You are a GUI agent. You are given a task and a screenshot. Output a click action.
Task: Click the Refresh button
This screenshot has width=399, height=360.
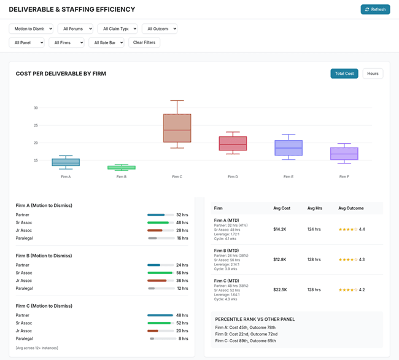pos(375,9)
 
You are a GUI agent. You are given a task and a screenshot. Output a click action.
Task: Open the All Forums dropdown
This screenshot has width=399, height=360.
pos(75,28)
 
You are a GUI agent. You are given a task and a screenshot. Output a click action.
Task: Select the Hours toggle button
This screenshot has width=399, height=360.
pos(373,74)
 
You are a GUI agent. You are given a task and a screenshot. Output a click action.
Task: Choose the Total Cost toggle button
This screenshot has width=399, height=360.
pos(344,74)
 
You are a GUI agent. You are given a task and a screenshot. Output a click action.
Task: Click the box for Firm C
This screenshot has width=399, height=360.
pos(177,128)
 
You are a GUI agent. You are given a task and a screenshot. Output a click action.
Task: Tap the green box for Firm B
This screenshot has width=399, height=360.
pos(122,167)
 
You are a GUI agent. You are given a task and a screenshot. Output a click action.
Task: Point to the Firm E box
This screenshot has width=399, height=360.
pos(288,148)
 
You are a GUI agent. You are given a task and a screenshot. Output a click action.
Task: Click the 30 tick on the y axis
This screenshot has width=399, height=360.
pos(36,108)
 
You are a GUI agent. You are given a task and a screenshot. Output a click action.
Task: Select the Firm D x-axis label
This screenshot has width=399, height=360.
pos(232,177)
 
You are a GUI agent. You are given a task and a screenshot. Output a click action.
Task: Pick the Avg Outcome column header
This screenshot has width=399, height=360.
pos(351,208)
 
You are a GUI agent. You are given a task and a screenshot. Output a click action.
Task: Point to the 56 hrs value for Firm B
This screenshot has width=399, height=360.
pos(182,273)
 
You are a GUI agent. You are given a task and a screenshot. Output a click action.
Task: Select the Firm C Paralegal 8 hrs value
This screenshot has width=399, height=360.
pos(183,338)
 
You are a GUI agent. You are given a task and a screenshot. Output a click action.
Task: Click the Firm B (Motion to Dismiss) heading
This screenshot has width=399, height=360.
pos(44,256)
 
